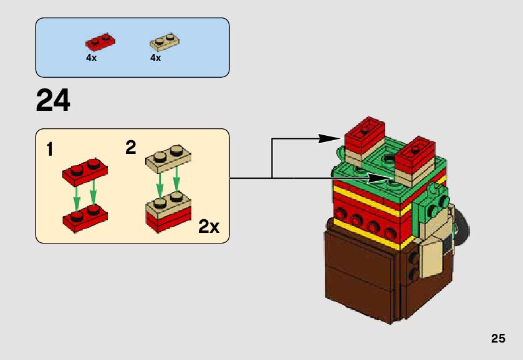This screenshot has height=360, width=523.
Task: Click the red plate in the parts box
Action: (100, 42)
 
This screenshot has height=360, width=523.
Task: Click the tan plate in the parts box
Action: (165, 42)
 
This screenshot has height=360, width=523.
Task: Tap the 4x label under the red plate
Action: (91, 58)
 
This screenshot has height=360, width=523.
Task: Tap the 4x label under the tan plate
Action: (155, 58)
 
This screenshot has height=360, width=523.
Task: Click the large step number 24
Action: (53, 100)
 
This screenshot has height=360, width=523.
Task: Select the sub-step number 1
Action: (50, 150)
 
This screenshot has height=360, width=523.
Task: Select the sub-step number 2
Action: (130, 148)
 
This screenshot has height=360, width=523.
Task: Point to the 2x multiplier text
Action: (209, 227)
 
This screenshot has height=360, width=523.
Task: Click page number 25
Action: (497, 339)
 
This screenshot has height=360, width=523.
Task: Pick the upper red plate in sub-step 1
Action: (85, 170)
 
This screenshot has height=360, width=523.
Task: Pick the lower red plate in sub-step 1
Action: (85, 219)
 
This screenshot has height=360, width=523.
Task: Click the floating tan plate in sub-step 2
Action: (168, 157)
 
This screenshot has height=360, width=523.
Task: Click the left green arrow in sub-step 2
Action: (160, 182)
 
